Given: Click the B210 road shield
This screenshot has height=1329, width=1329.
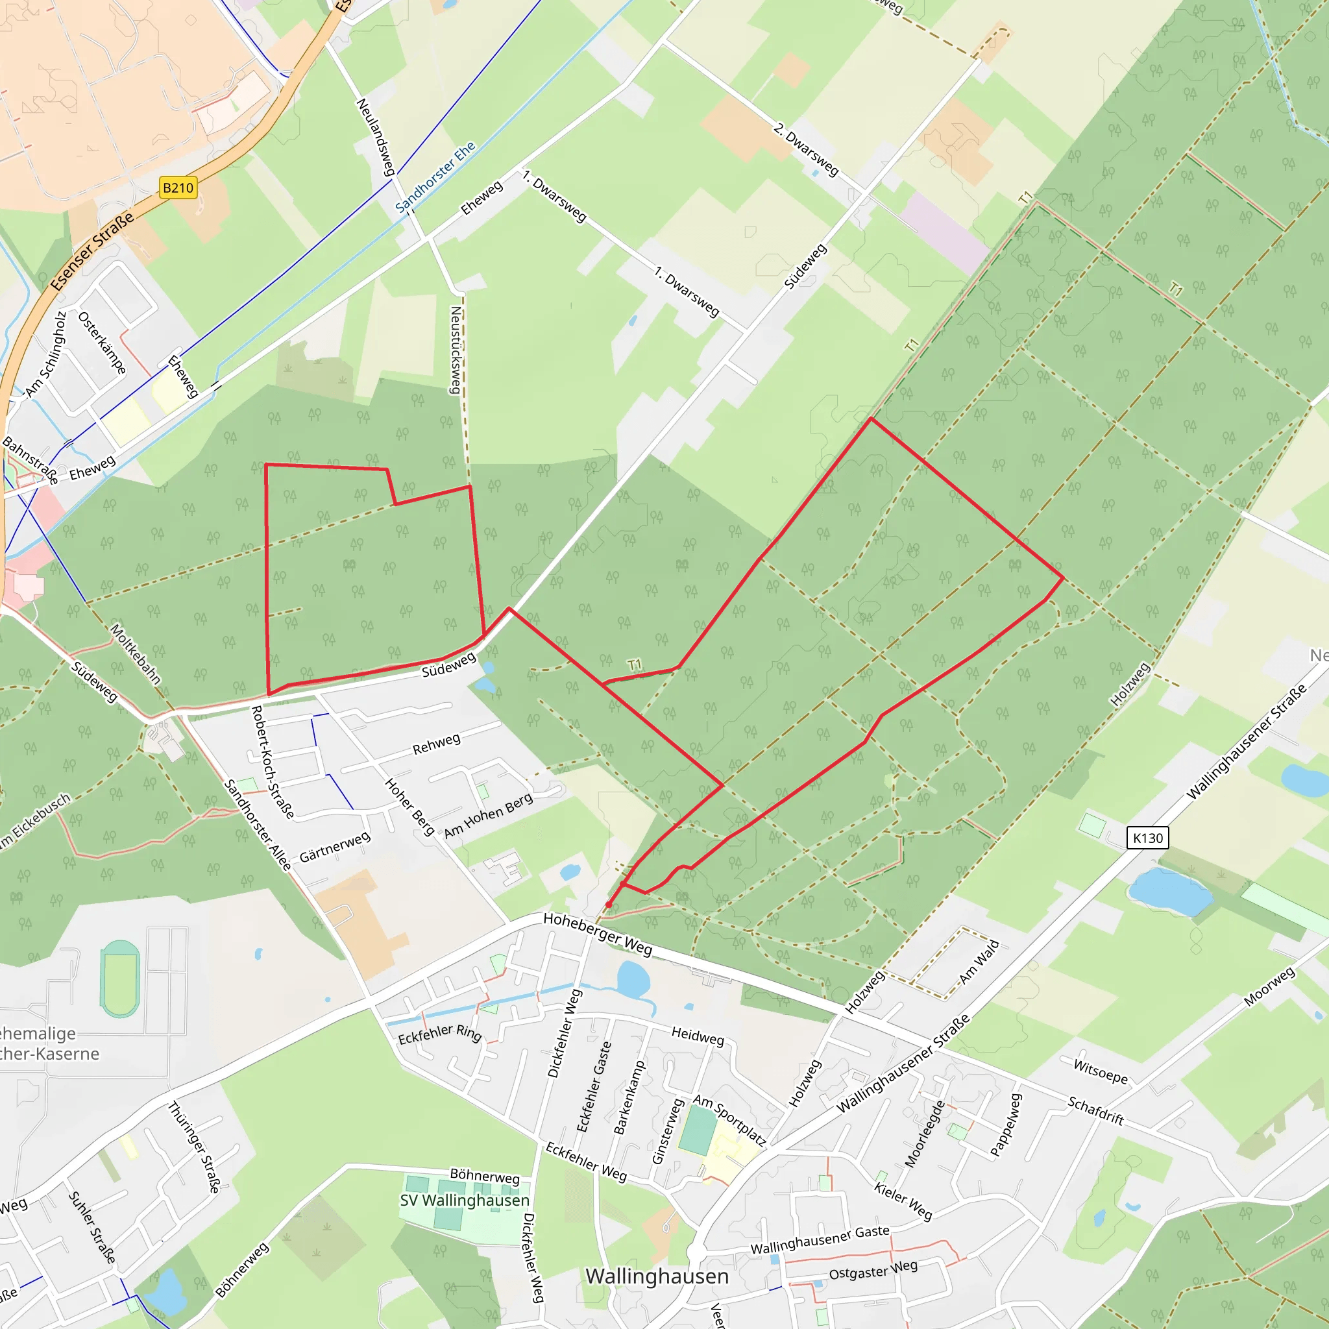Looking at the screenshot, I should point(178,188).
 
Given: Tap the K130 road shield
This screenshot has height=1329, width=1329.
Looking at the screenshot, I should point(1147,838).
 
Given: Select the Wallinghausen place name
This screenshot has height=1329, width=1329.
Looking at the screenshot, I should point(657,1276).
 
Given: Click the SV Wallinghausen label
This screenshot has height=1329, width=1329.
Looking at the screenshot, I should point(465,1201).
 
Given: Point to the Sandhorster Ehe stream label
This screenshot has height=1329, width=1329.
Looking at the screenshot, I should point(435,177).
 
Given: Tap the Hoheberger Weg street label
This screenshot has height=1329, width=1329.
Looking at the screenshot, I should point(597,933).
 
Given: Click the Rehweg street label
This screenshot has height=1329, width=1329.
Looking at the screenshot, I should point(436,744).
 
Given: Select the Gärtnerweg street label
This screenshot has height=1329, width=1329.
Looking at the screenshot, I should point(335,847).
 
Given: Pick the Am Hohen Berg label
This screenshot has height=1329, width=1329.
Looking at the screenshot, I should point(488,816).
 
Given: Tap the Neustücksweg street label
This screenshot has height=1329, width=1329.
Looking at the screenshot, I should point(456,350).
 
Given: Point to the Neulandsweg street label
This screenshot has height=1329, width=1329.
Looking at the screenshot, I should point(375,136).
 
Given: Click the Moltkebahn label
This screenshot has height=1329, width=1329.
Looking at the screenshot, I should point(136,654).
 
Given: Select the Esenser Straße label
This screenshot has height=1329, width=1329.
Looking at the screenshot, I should point(92,252).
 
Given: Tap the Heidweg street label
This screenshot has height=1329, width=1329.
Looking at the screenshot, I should point(698,1036).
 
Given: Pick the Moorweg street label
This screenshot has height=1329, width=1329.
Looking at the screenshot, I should point(1269,986).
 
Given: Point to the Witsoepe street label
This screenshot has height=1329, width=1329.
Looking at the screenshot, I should point(1101,1072).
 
